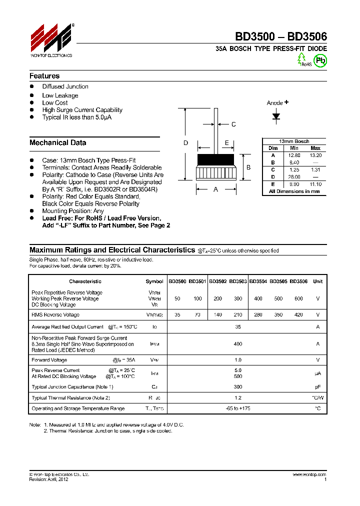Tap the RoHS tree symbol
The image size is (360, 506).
[302, 59]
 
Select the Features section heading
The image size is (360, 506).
[44, 76]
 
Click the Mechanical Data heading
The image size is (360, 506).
[57, 142]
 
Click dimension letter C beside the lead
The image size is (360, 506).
[233, 124]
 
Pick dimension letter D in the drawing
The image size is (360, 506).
[185, 143]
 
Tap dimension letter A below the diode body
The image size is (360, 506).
[216, 189]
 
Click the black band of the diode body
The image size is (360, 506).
[216, 160]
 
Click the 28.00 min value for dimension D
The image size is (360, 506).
[294, 177]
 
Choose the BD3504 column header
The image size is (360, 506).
[257, 281]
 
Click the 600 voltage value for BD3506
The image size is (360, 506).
[298, 298]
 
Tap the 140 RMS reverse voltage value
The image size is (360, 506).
[217, 315]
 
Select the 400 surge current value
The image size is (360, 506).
[237, 344]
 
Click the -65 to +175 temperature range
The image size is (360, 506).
[237, 408]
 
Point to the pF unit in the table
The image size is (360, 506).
[317, 387]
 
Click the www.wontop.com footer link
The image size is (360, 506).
[309, 474]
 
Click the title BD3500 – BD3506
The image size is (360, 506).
[281, 36]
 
